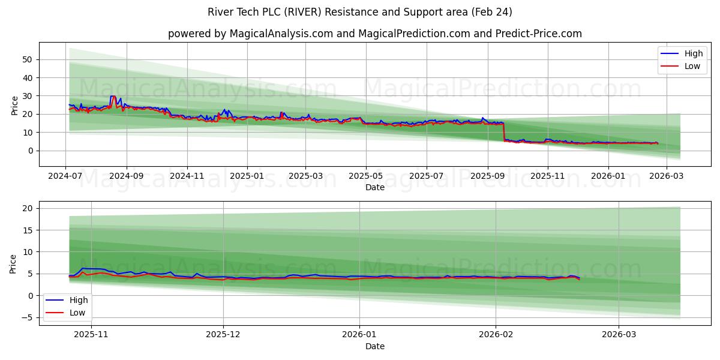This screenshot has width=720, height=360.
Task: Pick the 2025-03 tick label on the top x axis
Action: [x=305, y=177]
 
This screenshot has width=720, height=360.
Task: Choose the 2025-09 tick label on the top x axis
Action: [x=487, y=177]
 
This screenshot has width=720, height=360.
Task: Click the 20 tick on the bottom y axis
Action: [x=27, y=208]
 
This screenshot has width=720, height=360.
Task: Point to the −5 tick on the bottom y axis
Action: [x=27, y=317]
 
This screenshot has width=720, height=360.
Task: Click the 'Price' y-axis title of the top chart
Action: [x=15, y=104]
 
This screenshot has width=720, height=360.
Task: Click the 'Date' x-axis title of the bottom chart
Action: [x=374, y=346]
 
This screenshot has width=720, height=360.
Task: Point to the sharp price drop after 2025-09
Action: [x=503, y=132]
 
